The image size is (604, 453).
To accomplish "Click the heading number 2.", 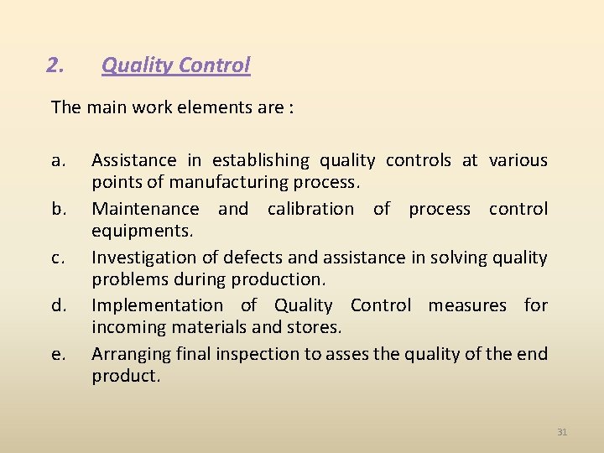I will click(55, 65).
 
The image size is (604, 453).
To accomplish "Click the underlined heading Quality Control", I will click(175, 65).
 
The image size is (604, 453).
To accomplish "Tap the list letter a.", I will click(57, 160).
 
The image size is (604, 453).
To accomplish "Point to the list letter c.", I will click(57, 258).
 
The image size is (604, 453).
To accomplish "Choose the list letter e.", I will click(57, 354).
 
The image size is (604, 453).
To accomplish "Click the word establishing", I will click(260, 160).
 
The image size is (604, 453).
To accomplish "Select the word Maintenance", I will click(145, 209).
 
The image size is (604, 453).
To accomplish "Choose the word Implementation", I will click(157, 305).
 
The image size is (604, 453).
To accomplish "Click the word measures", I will click(467, 305).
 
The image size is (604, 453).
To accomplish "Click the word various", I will click(518, 160).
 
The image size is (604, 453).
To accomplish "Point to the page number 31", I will click(562, 432).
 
